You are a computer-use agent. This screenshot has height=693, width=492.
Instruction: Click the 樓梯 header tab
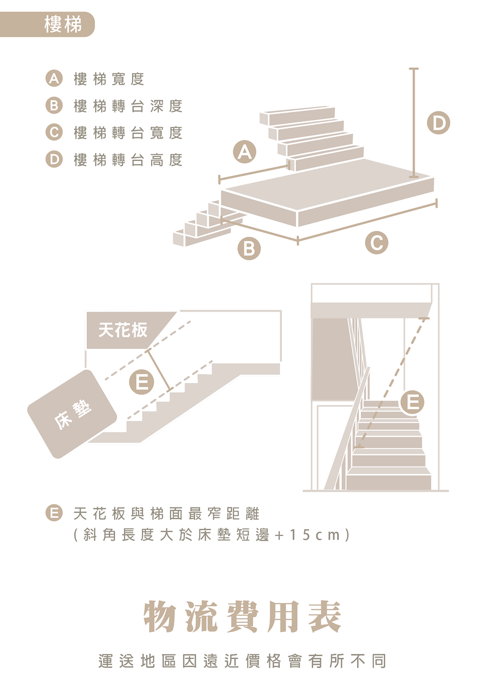click(47, 25)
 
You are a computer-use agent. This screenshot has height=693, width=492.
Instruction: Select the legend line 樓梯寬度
click(109, 79)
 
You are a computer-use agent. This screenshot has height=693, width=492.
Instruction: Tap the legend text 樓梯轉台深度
click(128, 106)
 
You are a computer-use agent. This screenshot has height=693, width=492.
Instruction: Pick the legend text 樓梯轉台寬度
click(128, 133)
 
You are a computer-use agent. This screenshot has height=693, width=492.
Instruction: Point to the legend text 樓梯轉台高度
click(128, 160)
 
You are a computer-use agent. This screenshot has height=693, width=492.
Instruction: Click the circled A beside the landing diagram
click(245, 152)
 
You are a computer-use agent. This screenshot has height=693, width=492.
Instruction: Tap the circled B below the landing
click(249, 249)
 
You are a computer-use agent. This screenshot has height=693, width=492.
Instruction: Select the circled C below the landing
click(376, 243)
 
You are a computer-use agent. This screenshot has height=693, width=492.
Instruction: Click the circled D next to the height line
click(438, 123)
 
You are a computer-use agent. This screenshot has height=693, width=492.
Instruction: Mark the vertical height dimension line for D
click(413, 123)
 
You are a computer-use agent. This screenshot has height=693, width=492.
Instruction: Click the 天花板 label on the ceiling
click(123, 330)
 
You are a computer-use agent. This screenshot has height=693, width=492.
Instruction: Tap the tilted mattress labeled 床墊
click(72, 414)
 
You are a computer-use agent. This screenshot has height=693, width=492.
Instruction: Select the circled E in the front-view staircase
click(412, 402)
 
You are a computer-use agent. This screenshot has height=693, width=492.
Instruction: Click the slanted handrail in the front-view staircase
click(347, 429)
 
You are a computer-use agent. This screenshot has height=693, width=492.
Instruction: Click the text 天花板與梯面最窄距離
click(166, 513)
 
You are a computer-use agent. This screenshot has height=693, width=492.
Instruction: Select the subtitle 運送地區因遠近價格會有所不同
click(243, 661)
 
